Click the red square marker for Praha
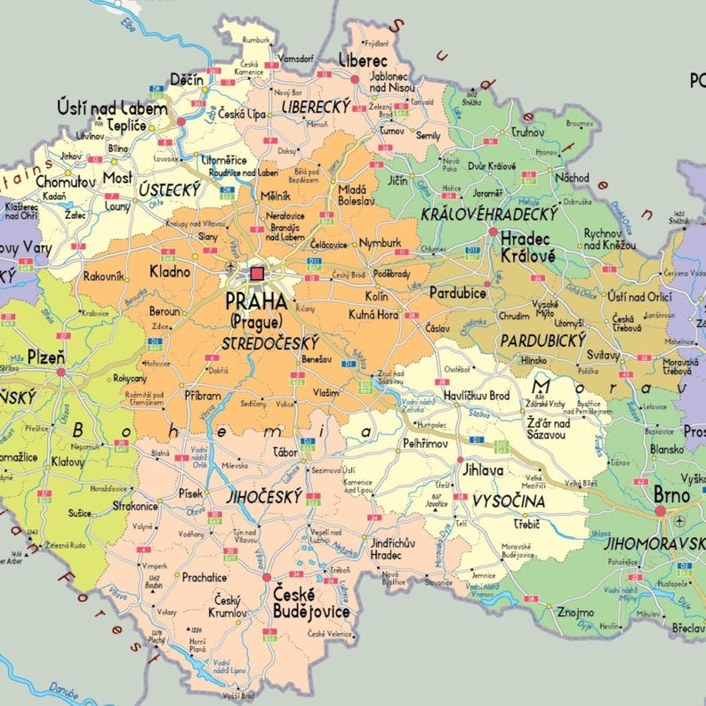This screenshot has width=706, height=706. tap(258, 274)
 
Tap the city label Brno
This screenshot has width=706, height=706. tap(671, 493)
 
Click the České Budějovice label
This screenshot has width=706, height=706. tap(310, 603)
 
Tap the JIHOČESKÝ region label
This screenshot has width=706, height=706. tap(263, 498)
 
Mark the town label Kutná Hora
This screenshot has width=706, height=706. tap(373, 314)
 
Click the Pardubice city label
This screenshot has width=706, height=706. tap(457, 292)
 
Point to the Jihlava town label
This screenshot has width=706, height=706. tap(479, 470)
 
